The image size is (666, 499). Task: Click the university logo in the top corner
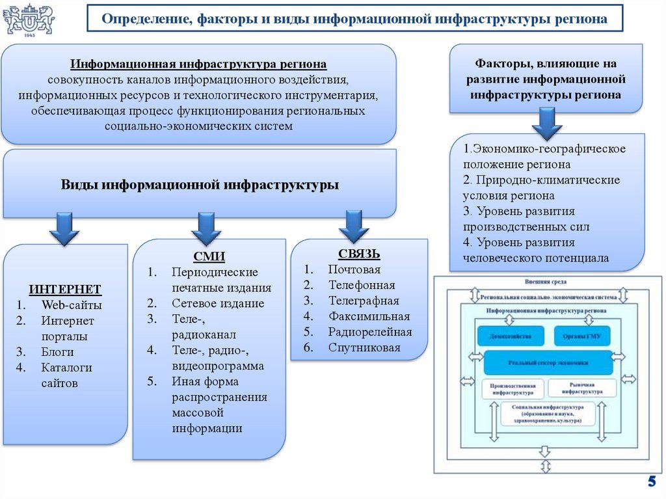29,21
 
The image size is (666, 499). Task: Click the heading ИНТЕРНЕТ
65,289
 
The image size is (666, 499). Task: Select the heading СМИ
209,256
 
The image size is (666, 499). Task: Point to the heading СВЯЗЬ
359,254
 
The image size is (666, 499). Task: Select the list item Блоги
57,352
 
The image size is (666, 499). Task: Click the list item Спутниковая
364,347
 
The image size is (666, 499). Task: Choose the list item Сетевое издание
218,303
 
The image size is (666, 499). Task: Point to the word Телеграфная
364,301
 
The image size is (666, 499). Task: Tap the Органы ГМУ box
582,336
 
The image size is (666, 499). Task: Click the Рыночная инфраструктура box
582,388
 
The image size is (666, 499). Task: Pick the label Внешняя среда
546,282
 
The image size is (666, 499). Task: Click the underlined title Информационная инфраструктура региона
198,64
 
